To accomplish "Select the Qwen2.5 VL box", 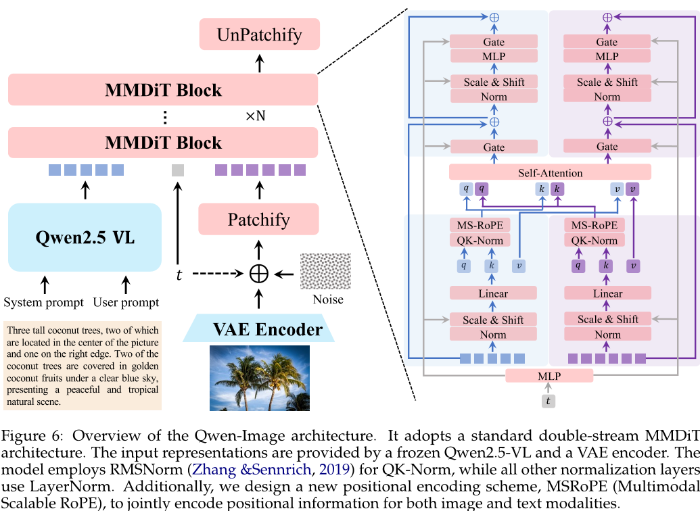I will (85, 238).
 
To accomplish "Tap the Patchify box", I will (258, 220).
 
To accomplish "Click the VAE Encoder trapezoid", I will (259, 330).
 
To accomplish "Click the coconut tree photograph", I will (259, 377).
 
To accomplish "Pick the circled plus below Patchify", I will (259, 273).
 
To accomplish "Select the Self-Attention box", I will (550, 172).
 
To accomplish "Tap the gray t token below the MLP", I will (549, 400).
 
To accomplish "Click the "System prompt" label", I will (44, 302).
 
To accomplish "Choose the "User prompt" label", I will (126, 302).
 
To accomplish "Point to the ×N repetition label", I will (255, 116).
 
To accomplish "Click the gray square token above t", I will (178, 170).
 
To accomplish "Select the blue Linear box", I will (493, 293).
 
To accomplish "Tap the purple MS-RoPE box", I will (594, 225).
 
